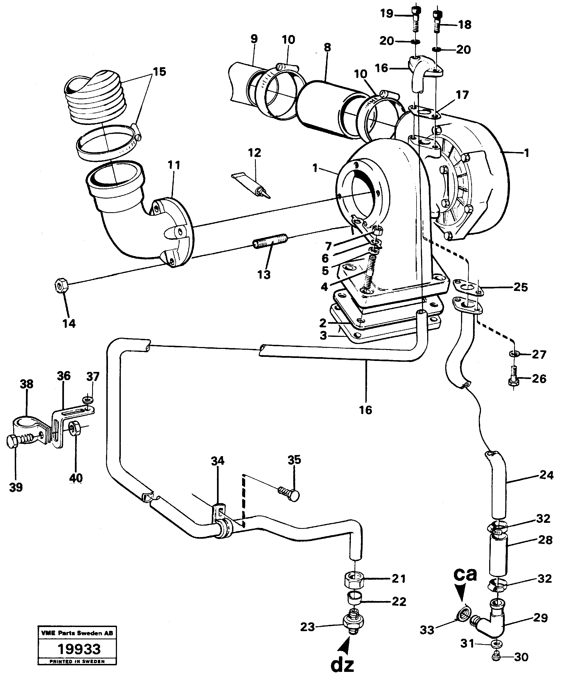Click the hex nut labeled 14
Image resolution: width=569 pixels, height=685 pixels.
[x=61, y=286]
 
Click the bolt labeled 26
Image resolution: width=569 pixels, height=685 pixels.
[x=513, y=379]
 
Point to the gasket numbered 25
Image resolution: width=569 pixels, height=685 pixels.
[x=468, y=287]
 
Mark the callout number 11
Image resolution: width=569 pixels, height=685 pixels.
[x=174, y=165]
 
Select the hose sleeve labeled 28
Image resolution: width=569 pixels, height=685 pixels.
[x=498, y=555]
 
